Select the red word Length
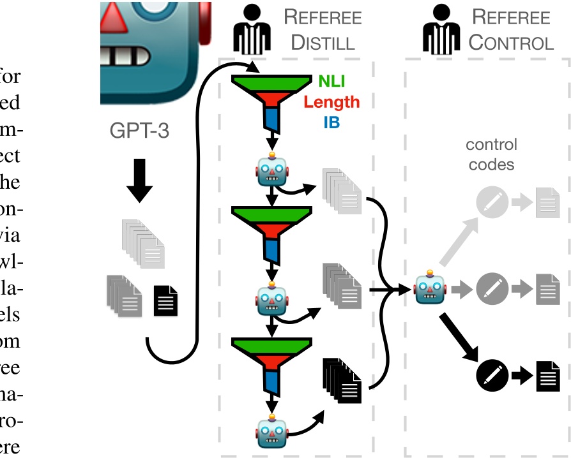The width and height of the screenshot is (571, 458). tap(331, 101)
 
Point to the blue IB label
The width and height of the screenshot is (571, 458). tap(331, 122)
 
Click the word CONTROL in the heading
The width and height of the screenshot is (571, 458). tap(510, 43)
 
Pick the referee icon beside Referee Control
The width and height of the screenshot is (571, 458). tap(440, 30)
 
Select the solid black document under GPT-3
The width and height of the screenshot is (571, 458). tap(166, 301)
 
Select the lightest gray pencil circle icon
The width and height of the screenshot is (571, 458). tap(492, 203)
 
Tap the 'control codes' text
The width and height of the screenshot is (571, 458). tap(491, 154)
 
